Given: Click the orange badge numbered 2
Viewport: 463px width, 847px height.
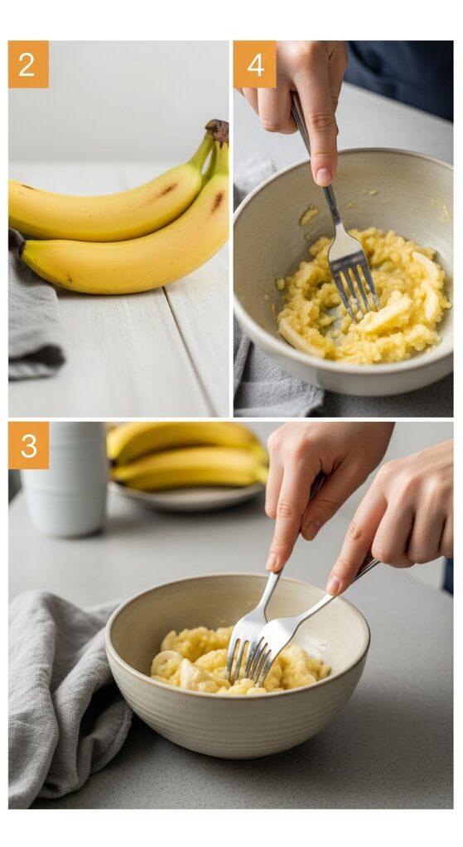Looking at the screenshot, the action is click(28, 65).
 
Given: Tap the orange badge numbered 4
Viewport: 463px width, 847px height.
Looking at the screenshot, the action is click(255, 65).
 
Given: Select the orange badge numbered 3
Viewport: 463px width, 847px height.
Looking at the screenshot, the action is click(28, 446).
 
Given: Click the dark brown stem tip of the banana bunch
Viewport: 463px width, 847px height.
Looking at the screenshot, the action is click(218, 131).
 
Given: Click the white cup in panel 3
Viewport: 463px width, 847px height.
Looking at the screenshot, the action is click(65, 479).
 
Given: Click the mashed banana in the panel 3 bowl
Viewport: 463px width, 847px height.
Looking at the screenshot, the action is click(239, 659).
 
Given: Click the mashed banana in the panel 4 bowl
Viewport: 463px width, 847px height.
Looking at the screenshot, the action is click(364, 295).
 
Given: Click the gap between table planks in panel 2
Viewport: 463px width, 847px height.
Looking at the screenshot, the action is click(189, 352).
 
